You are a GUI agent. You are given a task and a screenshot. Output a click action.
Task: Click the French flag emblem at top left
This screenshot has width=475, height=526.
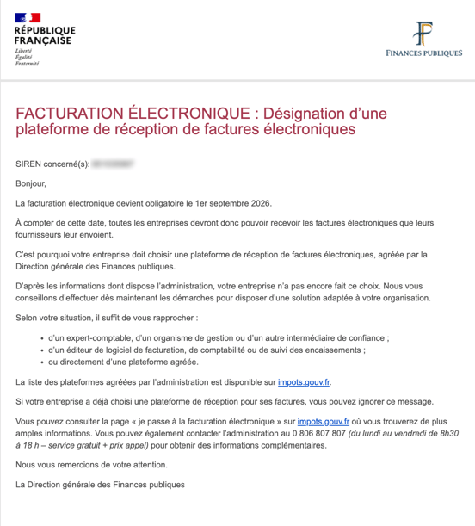[28, 17]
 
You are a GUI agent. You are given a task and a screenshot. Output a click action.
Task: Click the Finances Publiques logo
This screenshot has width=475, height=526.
[423, 40]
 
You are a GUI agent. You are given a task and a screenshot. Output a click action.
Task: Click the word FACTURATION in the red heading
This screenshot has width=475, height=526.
[69, 114]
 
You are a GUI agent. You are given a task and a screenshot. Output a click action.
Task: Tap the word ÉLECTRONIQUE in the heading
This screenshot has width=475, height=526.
[184, 114]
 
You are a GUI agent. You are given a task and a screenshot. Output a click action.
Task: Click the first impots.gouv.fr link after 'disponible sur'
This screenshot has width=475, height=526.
[304, 381]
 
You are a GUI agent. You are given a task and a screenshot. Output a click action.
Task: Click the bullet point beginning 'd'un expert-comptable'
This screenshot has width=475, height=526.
[44, 339]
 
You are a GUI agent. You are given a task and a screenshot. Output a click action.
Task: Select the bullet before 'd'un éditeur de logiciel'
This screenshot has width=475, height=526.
[44, 350]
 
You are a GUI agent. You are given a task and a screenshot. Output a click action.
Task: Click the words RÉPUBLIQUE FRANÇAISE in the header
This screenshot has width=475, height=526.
[43, 36]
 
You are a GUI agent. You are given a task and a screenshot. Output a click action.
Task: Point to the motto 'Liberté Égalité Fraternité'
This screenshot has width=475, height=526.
[25, 57]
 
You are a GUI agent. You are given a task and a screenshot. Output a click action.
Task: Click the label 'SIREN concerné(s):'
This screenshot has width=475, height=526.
[52, 163]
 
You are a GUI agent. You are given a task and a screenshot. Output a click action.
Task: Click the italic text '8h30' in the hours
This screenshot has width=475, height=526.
[447, 433]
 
